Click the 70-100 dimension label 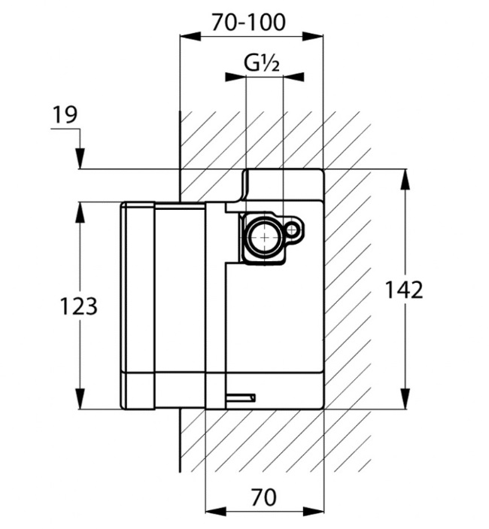(x=249, y=23)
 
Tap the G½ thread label (x=262, y=63)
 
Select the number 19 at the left (x=65, y=114)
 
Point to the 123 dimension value (x=78, y=306)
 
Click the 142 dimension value (x=404, y=290)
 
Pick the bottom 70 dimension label (x=263, y=497)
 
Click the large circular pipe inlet (x=264, y=237)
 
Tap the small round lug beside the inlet (x=292, y=230)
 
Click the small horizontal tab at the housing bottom (x=241, y=398)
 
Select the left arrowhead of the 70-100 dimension (x=190, y=36)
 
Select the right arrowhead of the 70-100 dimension (x=313, y=36)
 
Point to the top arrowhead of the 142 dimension (x=405, y=180)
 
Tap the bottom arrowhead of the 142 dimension (x=405, y=399)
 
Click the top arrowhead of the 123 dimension (x=80, y=212)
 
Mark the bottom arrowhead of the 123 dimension (x=80, y=399)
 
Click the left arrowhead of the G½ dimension (x=235, y=77)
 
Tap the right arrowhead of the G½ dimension (x=293, y=77)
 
